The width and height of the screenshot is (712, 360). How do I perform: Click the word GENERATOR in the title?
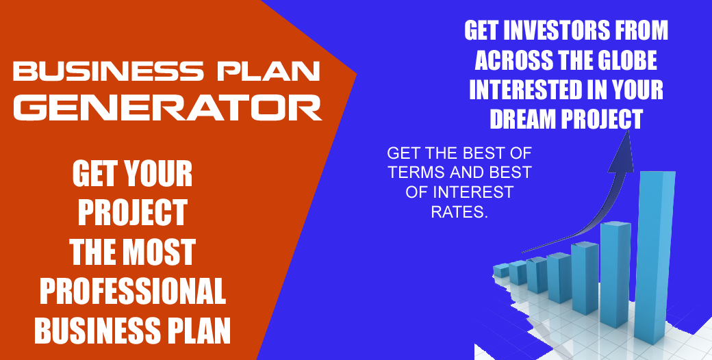(168, 107)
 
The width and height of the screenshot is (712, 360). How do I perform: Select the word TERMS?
(415, 172)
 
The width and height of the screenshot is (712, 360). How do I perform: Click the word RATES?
(459, 212)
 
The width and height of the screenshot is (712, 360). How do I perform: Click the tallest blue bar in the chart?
(654, 257)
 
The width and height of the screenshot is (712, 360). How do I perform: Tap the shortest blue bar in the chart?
(501, 271)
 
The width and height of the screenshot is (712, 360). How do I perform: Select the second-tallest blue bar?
(615, 274)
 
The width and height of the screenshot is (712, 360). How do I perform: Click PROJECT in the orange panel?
(133, 213)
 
